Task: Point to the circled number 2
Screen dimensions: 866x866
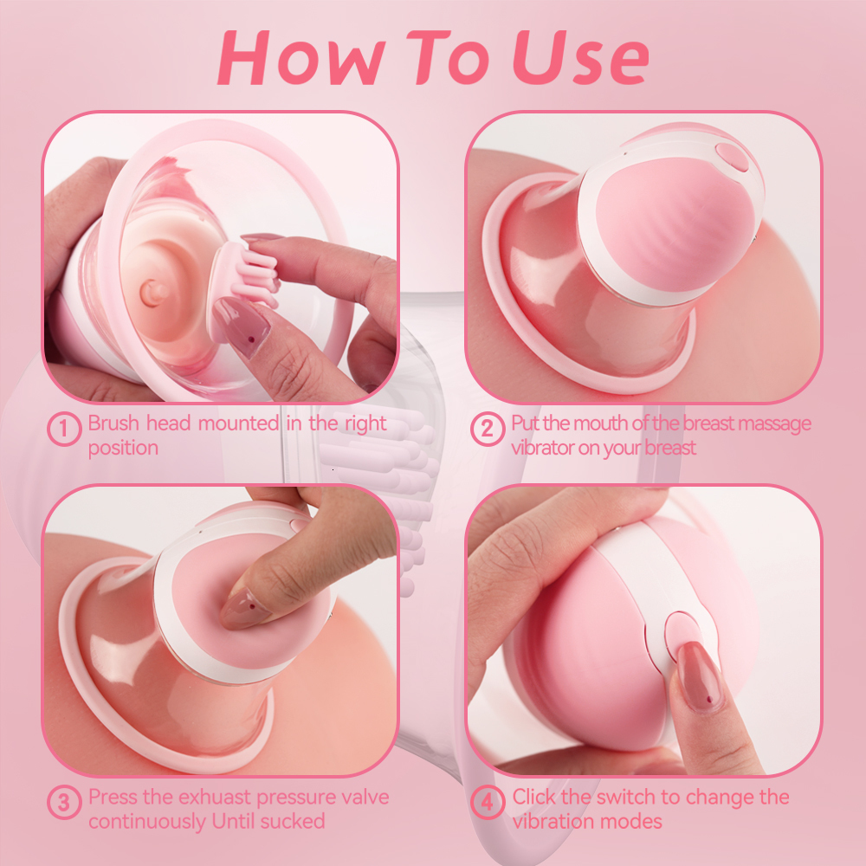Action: coord(488,429)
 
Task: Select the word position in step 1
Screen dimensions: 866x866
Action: coord(123,449)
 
